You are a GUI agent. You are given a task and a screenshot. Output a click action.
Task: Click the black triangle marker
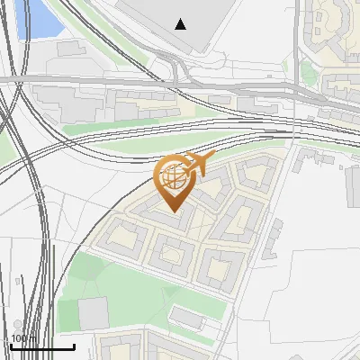point(181,24)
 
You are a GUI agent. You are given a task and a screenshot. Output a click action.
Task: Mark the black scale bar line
point(42,346)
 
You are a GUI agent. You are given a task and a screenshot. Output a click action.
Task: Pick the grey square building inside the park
point(93,313)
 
